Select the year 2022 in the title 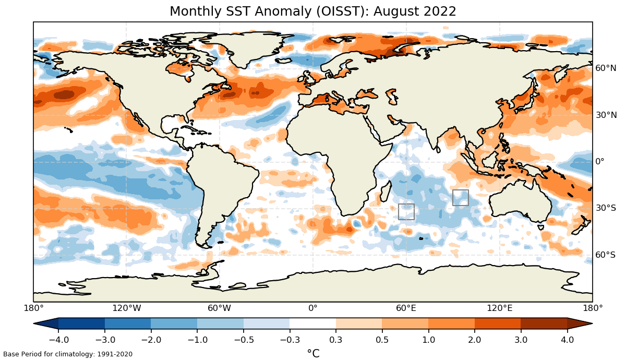coord(441,11)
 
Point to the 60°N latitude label coord(606,68)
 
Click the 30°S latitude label coord(606,208)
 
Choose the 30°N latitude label coord(606,115)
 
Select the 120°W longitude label coord(127,308)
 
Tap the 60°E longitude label coord(406,308)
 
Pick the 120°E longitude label coord(499,308)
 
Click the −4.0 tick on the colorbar coord(58,340)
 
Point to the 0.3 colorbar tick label coord(335,340)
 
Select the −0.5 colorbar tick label coord(243,340)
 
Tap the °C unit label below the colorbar coord(313,353)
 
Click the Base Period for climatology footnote coord(68,354)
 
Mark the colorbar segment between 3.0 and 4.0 coord(544,323)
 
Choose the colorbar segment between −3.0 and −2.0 coord(128,323)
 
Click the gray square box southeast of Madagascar coord(406,212)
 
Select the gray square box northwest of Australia coord(460,198)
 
